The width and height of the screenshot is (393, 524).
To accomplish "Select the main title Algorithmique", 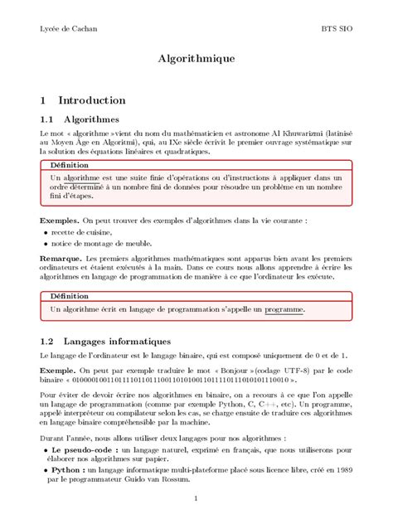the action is click(x=196, y=60).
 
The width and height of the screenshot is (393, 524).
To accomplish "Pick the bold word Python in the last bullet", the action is click(x=64, y=469).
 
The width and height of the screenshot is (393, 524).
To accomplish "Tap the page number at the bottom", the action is click(x=196, y=498).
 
